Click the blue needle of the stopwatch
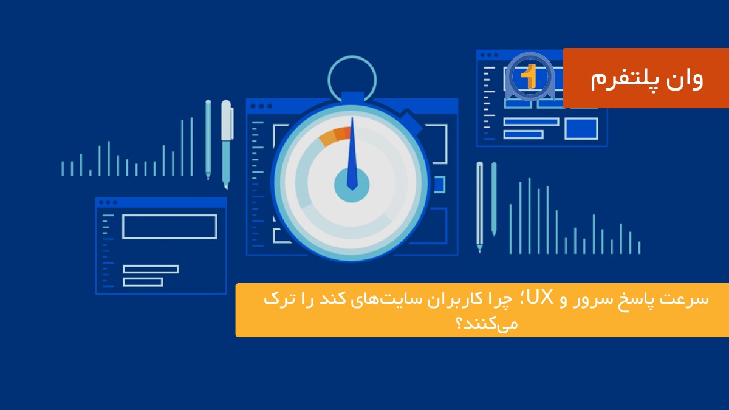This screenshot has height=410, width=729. (351, 161)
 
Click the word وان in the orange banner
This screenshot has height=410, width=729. (684, 79)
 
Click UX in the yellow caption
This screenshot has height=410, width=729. (541, 299)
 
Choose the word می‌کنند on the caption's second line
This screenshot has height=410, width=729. (482, 323)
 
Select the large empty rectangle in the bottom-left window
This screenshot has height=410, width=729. (169, 226)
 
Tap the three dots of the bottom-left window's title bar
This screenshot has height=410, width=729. (108, 202)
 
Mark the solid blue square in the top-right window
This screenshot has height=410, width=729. (581, 128)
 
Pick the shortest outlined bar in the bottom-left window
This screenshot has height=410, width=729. (143, 282)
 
